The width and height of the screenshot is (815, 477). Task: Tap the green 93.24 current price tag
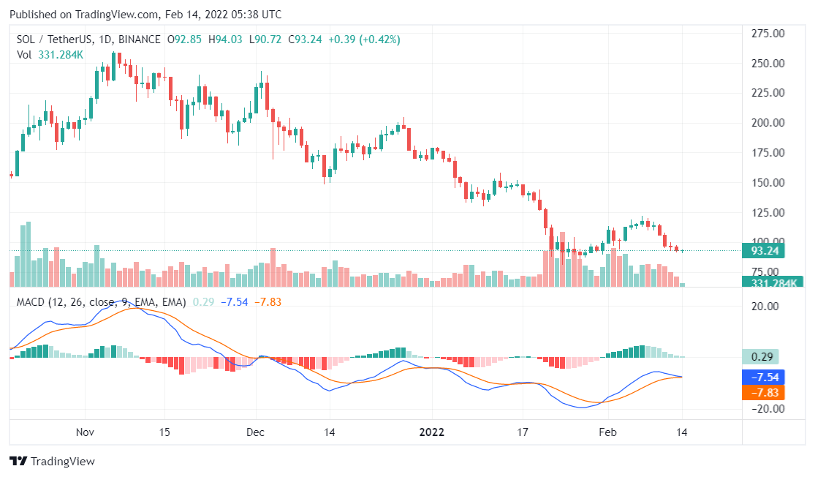click(x=763, y=251)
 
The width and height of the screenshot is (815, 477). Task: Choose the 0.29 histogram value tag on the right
click(x=760, y=357)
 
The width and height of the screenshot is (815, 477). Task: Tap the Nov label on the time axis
click(x=86, y=432)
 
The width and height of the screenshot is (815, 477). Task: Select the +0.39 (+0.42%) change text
click(x=363, y=40)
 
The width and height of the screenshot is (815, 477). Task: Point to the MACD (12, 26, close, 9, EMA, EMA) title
click(x=102, y=301)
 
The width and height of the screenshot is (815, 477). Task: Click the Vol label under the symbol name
click(x=24, y=54)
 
